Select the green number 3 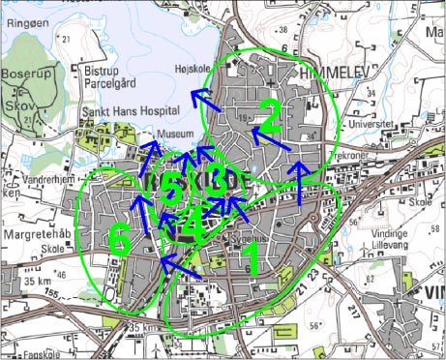point(219,180)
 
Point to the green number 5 point(170,187)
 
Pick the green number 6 point(119,239)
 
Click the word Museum point(175,135)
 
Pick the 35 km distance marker point(39,281)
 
